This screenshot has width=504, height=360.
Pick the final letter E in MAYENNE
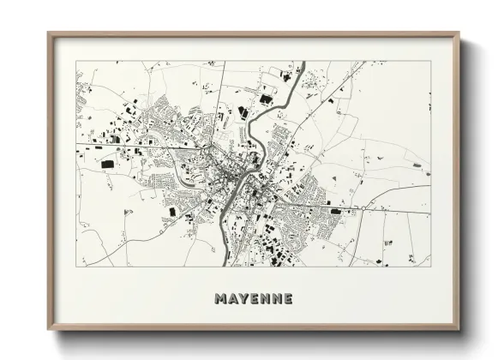288,299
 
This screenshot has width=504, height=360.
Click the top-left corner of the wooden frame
48,33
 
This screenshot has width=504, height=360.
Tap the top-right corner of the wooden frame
459,33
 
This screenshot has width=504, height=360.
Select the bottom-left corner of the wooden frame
48,329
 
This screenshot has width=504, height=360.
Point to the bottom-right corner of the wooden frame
459,329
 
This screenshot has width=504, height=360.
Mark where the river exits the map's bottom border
224,266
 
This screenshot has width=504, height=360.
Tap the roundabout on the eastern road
363,207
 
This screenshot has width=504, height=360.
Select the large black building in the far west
107,163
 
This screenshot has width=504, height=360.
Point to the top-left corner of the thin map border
76,61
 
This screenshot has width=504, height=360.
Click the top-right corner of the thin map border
430,61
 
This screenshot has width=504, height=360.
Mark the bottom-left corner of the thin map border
76,266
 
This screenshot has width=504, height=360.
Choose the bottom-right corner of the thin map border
430,266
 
